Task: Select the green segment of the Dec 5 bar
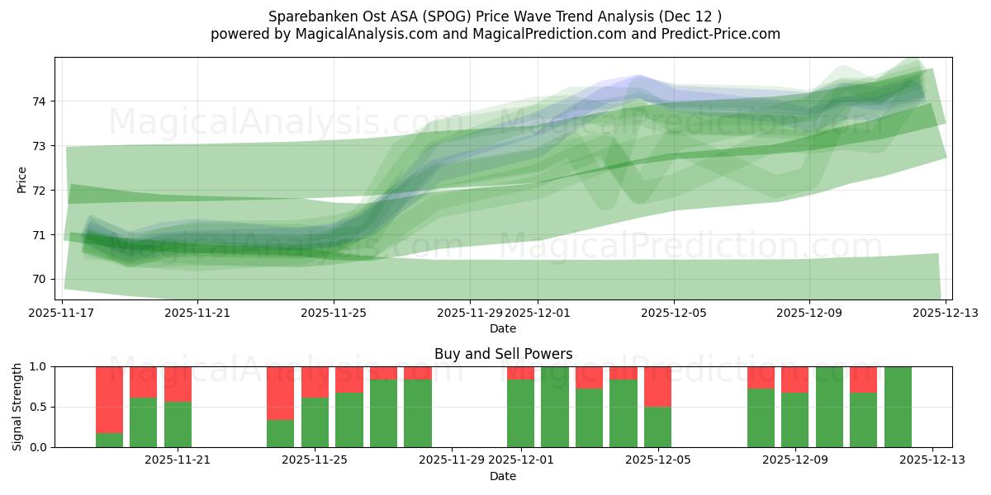pos(657,427)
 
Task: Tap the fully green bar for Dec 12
pos(898,407)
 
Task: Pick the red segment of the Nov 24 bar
pos(280,393)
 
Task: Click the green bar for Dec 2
pos(555,407)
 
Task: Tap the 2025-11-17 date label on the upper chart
pos(63,313)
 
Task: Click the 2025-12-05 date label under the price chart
pos(674,313)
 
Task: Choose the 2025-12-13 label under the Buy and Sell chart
pos(932,460)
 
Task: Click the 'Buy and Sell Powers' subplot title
pos(503,354)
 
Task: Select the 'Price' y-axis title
pos(21,179)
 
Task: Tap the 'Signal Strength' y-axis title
pos(17,407)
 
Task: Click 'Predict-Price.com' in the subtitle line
pos(724,34)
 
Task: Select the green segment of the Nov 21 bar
pos(178,425)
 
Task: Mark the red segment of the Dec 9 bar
pos(794,379)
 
